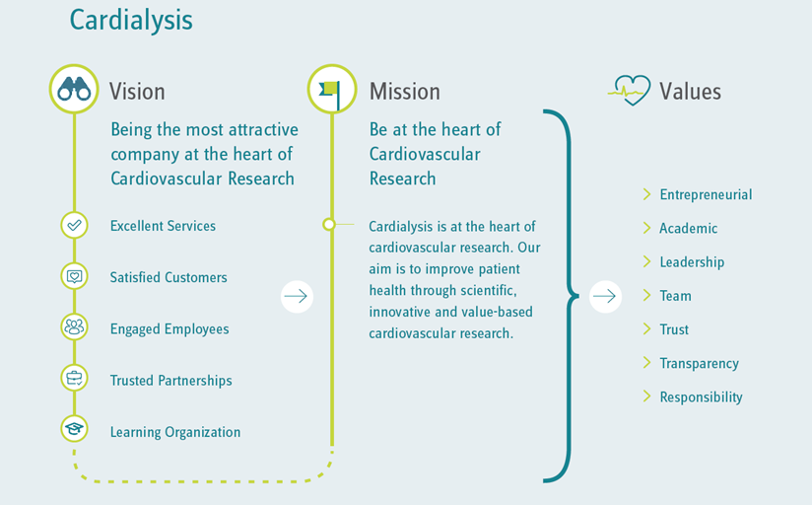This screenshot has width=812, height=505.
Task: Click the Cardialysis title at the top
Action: click(x=131, y=21)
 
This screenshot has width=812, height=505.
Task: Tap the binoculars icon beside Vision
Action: click(x=74, y=89)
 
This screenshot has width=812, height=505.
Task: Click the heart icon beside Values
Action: click(x=629, y=90)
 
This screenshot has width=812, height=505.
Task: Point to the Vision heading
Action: click(x=137, y=92)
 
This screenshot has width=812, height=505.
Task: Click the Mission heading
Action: click(x=404, y=92)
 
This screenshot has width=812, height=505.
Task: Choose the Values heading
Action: click(x=690, y=92)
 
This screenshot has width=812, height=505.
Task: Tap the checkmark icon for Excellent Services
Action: click(x=74, y=225)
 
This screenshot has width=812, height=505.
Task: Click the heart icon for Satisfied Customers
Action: click(x=74, y=276)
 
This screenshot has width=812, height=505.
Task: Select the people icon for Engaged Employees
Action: click(x=74, y=326)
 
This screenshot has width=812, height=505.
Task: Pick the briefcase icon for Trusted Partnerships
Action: click(x=74, y=378)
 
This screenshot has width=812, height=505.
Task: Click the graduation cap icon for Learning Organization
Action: click(x=74, y=429)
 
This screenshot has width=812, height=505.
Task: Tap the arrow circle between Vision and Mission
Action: click(x=297, y=297)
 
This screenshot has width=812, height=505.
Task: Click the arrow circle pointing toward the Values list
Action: click(x=605, y=297)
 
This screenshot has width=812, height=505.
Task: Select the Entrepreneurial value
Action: click(x=706, y=195)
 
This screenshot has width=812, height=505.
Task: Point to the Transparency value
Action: click(x=699, y=363)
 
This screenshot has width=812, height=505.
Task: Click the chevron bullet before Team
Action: click(x=646, y=295)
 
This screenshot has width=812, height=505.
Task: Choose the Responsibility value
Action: click(x=702, y=397)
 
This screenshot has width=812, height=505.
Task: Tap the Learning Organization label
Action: click(x=175, y=432)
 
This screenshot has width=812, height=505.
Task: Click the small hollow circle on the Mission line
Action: click(x=329, y=225)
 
